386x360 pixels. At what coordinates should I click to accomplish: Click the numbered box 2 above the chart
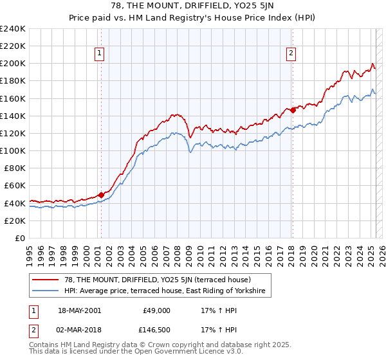291,54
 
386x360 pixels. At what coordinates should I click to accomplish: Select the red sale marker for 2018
293,110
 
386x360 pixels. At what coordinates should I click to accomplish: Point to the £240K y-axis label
12,29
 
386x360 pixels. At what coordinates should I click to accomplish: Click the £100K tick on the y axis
12,150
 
